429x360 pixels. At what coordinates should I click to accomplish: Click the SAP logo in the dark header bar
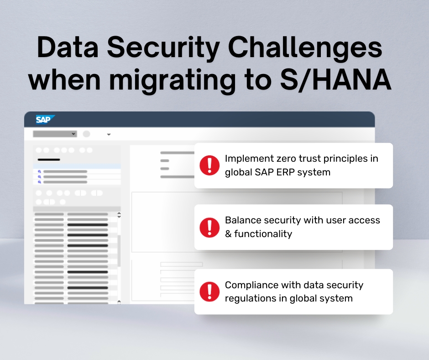pos(45,120)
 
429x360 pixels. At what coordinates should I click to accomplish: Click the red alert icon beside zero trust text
pos(209,165)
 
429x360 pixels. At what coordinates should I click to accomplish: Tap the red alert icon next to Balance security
pos(209,227)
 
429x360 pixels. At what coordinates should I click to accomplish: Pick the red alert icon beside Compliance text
pos(209,291)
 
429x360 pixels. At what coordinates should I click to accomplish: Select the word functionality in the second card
pos(263,234)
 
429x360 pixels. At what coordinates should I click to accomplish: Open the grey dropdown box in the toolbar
pos(54,134)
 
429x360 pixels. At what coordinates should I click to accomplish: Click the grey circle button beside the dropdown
pos(86,134)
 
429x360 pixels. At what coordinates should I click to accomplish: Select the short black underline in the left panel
pos(48,159)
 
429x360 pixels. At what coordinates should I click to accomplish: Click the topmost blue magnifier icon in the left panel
pos(40,172)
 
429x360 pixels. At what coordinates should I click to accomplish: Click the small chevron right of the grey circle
pos(109,134)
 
